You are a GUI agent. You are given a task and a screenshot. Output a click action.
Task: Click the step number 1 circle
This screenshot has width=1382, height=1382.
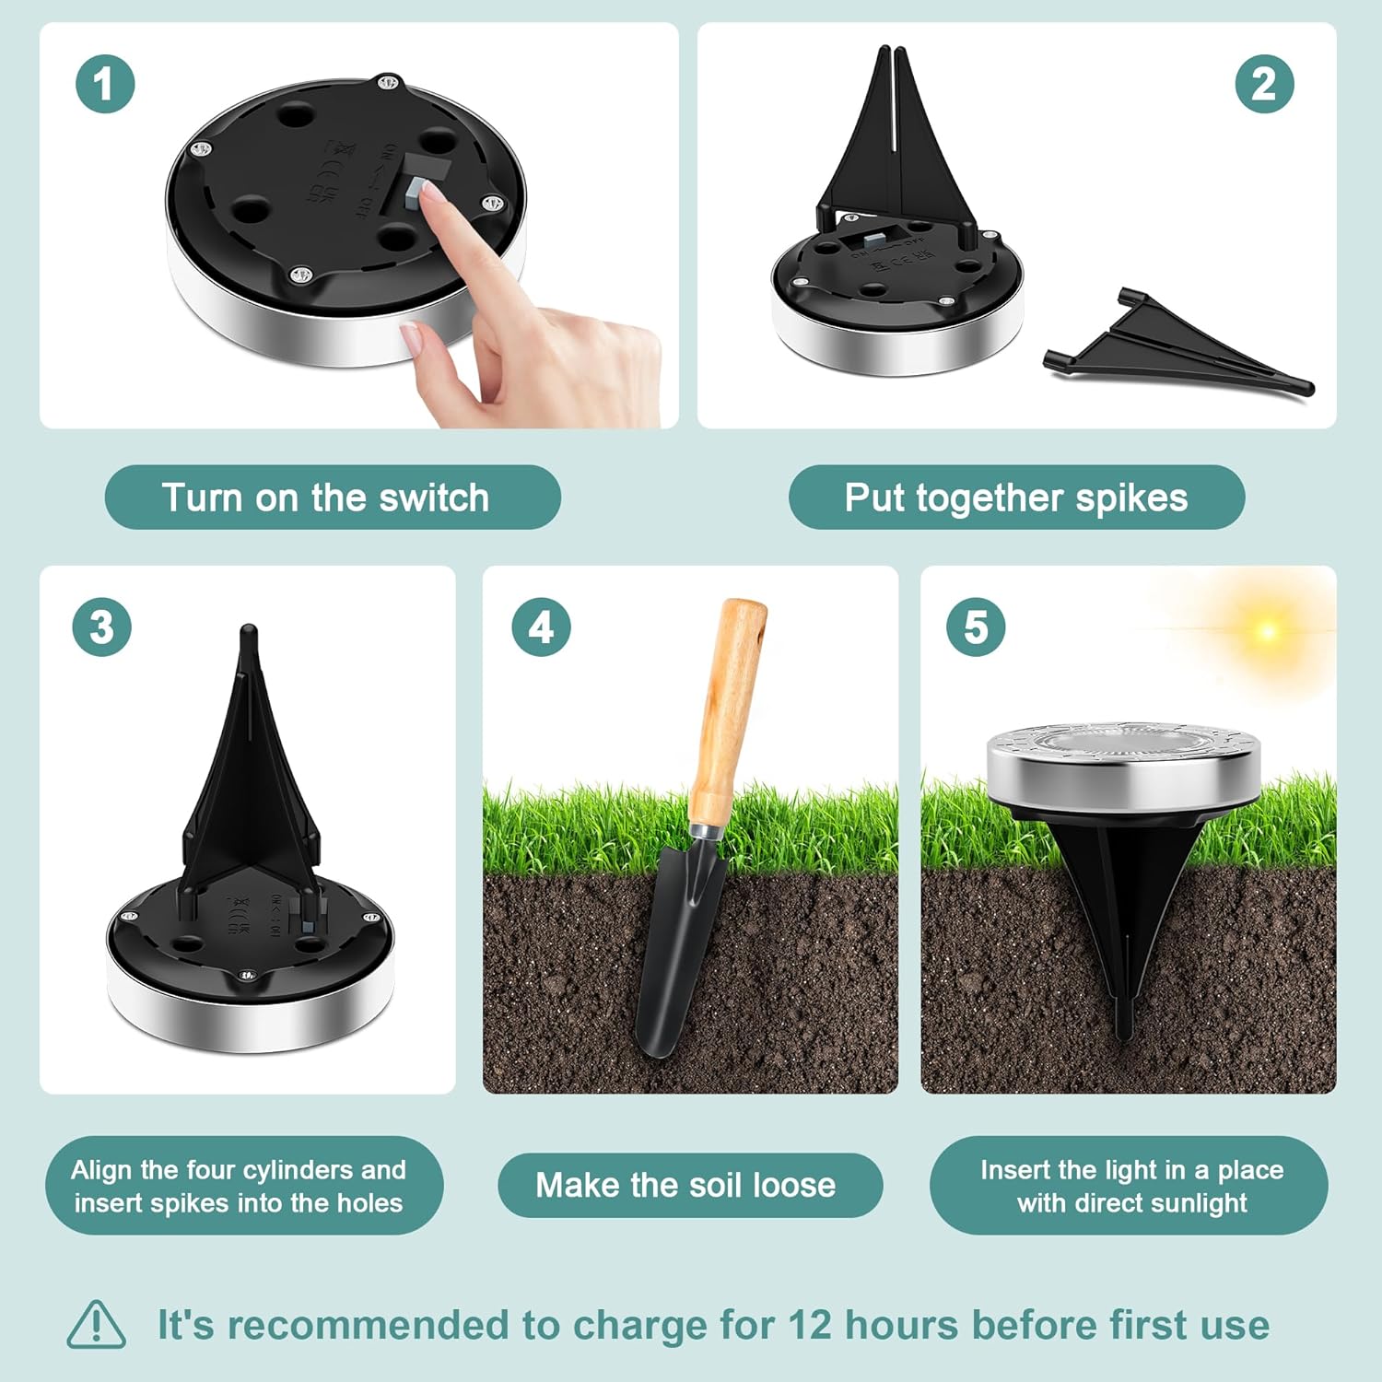coord(105,84)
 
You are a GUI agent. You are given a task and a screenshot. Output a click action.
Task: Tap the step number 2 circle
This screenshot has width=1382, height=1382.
coord(1264,84)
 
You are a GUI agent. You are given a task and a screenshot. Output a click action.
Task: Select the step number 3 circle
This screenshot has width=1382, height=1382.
coord(101,627)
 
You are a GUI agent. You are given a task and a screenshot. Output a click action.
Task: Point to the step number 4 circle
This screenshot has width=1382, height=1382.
coord(541,627)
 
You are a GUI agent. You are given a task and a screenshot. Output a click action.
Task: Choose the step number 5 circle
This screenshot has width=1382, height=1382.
coord(976,627)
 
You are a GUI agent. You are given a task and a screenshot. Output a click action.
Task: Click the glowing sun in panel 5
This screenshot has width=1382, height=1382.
coord(1268,631)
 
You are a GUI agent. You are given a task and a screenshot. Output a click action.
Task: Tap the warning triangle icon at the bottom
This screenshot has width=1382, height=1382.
coord(96,1326)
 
